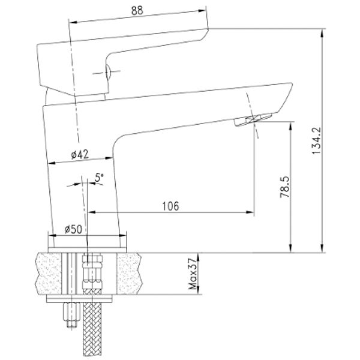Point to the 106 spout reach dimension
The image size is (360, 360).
click(170, 206)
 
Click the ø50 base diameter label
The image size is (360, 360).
click(73, 229)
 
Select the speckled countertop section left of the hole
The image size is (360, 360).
click(52, 273)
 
